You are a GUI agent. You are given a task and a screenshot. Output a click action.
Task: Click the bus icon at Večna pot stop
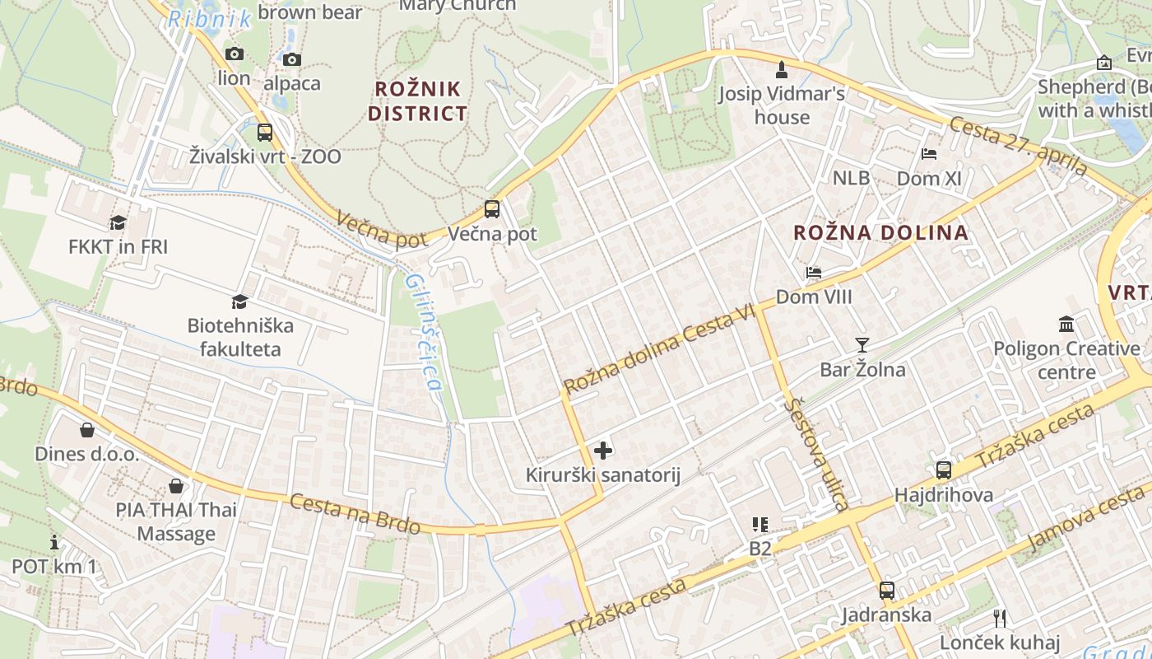pyautogui.click(x=491, y=208)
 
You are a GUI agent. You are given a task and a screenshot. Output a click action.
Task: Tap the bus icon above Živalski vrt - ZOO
pyautogui.click(x=264, y=132)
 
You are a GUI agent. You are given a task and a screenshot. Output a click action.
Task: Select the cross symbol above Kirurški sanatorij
pyautogui.click(x=603, y=450)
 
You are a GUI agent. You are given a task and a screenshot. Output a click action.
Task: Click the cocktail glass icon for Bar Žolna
pyautogui.click(x=862, y=344)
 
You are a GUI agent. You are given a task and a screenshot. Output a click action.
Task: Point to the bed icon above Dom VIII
pyautogui.click(x=813, y=272)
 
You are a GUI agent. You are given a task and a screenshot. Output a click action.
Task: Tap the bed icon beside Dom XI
pyautogui.click(x=928, y=153)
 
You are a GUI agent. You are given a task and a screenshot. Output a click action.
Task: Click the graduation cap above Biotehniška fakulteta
pyautogui.click(x=239, y=301)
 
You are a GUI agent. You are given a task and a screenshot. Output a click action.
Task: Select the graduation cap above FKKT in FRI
pyautogui.click(x=118, y=222)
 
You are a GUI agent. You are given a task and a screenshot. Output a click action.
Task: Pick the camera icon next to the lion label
pyautogui.click(x=235, y=54)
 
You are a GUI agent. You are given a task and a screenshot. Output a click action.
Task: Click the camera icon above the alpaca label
pyautogui.click(x=291, y=59)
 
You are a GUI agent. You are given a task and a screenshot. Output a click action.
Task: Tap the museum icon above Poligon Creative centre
pyautogui.click(x=1066, y=324)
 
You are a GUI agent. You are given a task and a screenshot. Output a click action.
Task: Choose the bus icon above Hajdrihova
pyautogui.click(x=943, y=470)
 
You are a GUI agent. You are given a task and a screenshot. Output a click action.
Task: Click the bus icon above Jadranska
pyautogui.click(x=886, y=590)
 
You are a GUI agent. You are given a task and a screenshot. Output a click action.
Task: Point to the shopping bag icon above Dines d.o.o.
pyautogui.click(x=86, y=429)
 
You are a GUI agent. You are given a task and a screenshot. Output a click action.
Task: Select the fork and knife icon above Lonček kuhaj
pyautogui.click(x=1000, y=618)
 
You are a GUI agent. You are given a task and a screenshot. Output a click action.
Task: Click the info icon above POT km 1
pyautogui.click(x=54, y=542)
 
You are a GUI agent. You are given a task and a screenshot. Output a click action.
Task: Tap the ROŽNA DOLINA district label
pyautogui.click(x=880, y=233)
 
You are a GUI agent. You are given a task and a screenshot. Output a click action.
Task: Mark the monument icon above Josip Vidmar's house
pyautogui.click(x=781, y=69)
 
